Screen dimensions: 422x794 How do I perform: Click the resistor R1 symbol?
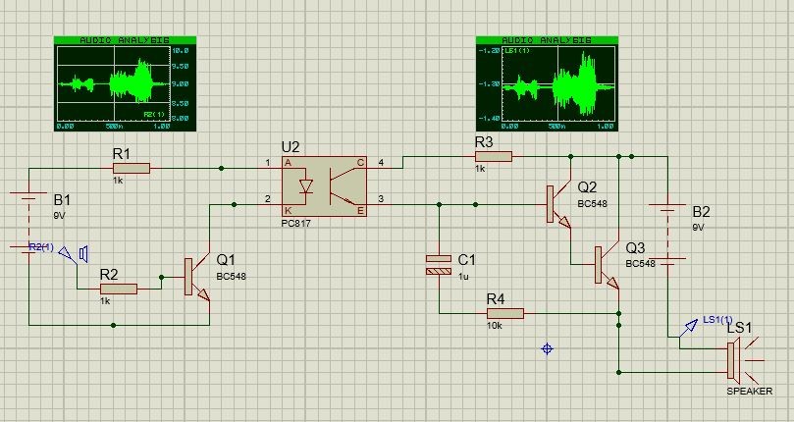click(132, 168)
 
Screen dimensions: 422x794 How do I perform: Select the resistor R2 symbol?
click(117, 289)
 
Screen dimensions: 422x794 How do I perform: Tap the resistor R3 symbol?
click(493, 155)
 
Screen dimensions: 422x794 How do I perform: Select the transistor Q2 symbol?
click(557, 204)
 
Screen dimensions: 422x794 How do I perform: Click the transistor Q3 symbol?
click(607, 263)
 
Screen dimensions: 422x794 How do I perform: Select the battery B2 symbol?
click(668, 234)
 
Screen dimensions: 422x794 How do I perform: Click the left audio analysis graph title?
click(125, 40)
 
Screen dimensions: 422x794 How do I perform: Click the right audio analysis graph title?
click(547, 41)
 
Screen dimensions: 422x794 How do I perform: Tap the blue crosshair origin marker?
click(548, 348)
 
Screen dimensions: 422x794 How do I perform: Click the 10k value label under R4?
click(495, 325)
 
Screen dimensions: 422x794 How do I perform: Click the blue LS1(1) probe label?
click(717, 320)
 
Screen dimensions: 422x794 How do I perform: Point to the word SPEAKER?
click(749, 392)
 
